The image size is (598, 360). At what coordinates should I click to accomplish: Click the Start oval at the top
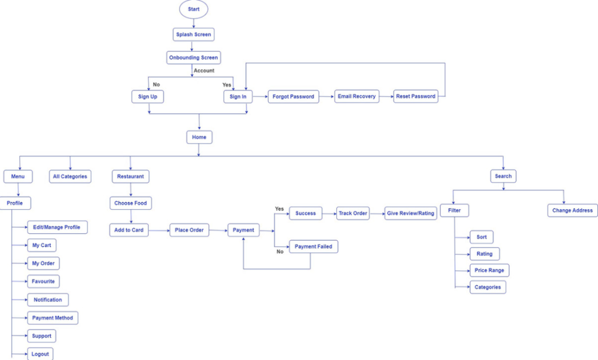click(x=193, y=9)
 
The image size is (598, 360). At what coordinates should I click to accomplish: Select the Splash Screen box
click(x=193, y=34)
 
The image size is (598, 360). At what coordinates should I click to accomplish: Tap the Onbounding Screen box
click(x=193, y=57)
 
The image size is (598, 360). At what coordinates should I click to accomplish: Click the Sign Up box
click(x=147, y=96)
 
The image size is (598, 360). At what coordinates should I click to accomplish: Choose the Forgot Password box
click(x=293, y=96)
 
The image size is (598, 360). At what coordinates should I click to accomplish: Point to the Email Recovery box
click(x=356, y=96)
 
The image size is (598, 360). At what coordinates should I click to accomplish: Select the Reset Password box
click(x=416, y=96)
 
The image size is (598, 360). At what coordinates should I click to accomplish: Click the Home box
click(x=199, y=137)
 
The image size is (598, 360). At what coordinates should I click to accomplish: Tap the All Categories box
click(x=70, y=176)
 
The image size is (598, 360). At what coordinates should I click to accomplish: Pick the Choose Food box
click(x=131, y=203)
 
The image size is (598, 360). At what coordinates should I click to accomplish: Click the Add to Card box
click(x=129, y=230)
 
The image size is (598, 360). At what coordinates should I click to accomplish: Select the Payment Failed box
click(x=314, y=247)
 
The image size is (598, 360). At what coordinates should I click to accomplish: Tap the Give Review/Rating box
click(x=411, y=213)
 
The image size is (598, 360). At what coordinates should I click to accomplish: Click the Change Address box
click(x=572, y=210)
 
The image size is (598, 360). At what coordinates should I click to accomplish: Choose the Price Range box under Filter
click(x=489, y=271)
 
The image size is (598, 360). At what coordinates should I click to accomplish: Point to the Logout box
click(x=40, y=354)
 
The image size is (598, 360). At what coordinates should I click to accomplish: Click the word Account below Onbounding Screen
click(x=204, y=71)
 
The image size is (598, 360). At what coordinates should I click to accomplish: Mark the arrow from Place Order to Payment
click(x=218, y=230)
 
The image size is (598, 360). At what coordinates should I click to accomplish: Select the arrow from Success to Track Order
click(x=328, y=213)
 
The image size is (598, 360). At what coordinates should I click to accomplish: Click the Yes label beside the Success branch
click(x=279, y=209)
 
